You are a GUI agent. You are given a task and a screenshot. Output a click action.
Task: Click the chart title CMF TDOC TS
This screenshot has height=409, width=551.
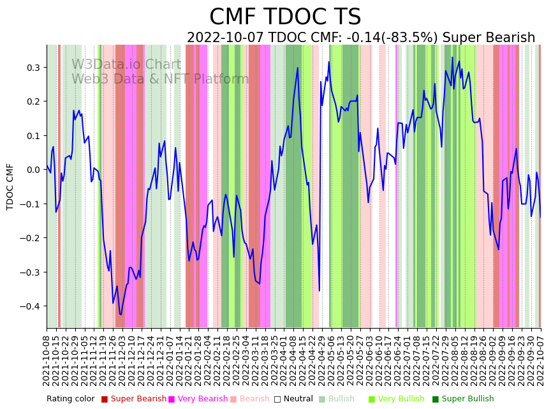(285, 17)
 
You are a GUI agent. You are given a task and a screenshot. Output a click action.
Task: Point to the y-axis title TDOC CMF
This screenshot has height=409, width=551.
(10, 186)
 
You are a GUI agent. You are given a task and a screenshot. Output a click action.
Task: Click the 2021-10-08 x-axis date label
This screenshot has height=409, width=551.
(47, 361)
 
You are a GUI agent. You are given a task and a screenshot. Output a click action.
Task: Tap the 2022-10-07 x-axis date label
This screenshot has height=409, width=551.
(541, 361)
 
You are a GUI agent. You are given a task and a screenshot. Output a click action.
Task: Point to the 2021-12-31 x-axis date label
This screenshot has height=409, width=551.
(161, 361)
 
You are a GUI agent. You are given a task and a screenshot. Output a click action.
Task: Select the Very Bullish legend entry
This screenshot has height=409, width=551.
(401, 399)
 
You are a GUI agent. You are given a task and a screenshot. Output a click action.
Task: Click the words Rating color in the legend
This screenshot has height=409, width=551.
(70, 399)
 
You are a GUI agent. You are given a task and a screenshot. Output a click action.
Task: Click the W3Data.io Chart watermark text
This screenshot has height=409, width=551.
(126, 64)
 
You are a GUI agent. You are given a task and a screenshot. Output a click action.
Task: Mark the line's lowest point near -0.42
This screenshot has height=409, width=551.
(120, 315)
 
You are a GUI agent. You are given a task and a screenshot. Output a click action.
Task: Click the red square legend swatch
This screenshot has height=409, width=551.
(105, 399)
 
